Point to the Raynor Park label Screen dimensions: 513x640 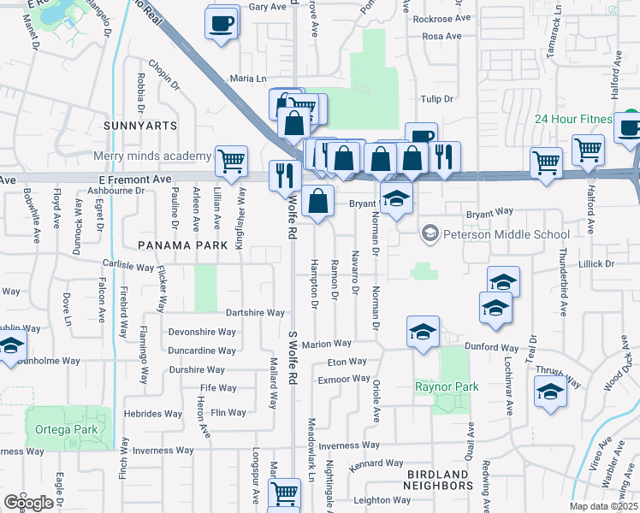click(446, 386)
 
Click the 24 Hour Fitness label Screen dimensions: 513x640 click(573, 119)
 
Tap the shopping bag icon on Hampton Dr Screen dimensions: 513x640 click(317, 203)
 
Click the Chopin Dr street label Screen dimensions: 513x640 click(165, 74)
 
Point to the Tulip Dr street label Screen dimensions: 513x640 click(436, 99)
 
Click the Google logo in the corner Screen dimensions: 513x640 click(28, 503)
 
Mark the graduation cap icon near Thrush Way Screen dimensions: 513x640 click(550, 392)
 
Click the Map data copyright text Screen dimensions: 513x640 click(604, 506)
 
